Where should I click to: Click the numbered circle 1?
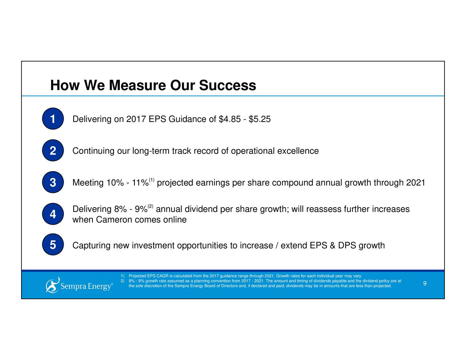(53, 119)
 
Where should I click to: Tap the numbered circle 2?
(53, 151)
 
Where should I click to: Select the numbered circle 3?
(53, 182)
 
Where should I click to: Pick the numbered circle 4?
(53, 214)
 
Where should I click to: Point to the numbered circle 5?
(53, 245)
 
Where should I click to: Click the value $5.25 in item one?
(260, 119)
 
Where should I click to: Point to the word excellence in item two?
(298, 151)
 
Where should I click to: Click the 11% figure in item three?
(140, 182)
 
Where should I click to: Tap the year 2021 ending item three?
(415, 182)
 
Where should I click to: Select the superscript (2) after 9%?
(150, 207)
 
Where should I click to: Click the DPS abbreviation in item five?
(347, 246)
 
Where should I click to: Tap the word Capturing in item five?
(91, 246)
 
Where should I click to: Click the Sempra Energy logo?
(79, 285)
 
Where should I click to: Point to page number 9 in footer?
(424, 284)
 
